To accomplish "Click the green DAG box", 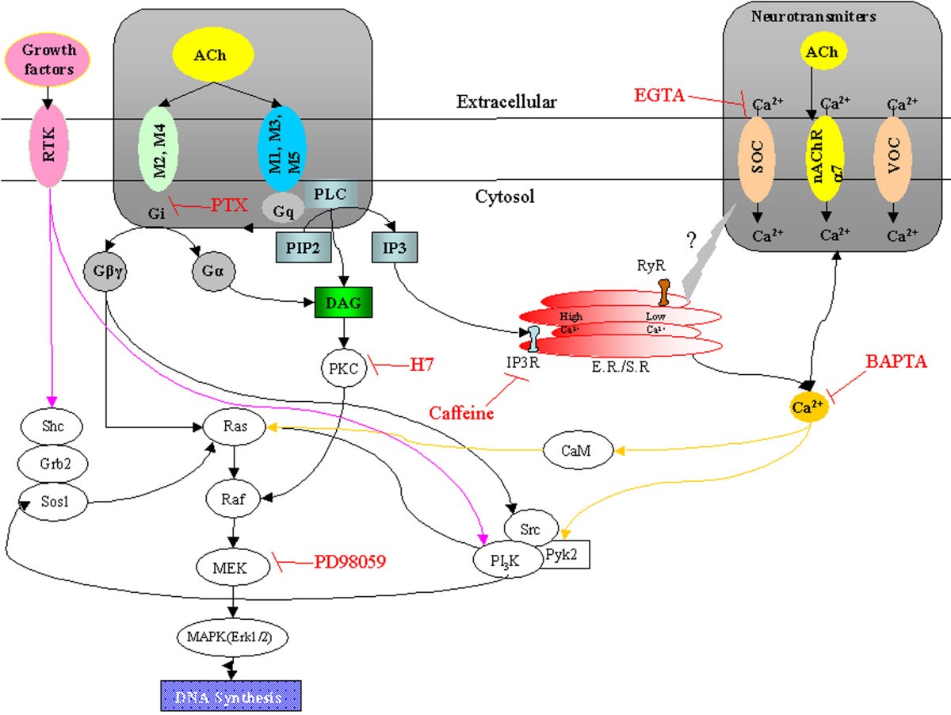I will pyautogui.click(x=343, y=301).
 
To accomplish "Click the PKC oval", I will pyautogui.click(x=343, y=368).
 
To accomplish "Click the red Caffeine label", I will pyautogui.click(x=462, y=413).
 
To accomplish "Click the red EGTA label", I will pyautogui.click(x=660, y=95).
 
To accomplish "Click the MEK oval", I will pyautogui.click(x=232, y=566).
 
